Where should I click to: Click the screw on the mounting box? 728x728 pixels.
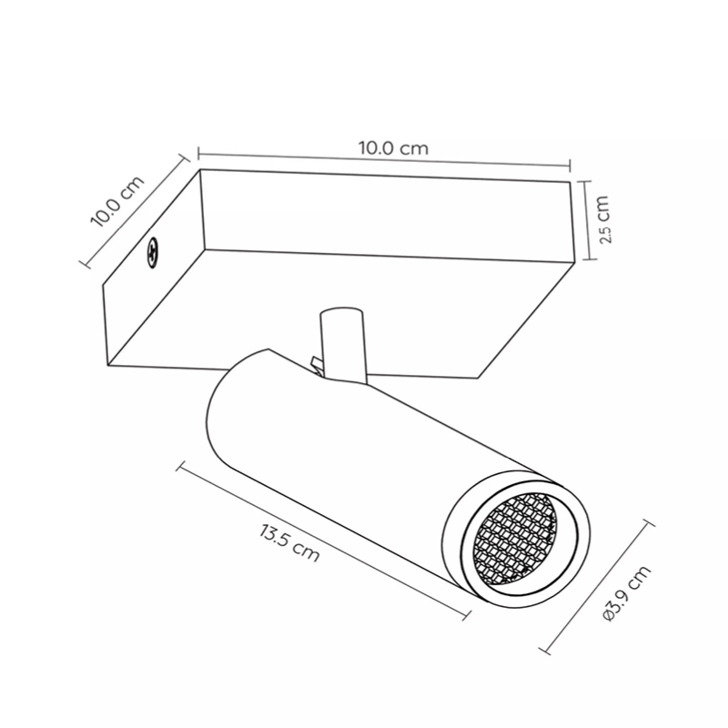point(152,252)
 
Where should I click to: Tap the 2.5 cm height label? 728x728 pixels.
point(604,219)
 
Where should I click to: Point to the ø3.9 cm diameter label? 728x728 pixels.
point(627,593)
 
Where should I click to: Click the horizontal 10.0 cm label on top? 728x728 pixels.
point(393,148)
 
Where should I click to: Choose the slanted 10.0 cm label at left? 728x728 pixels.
point(117,201)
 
